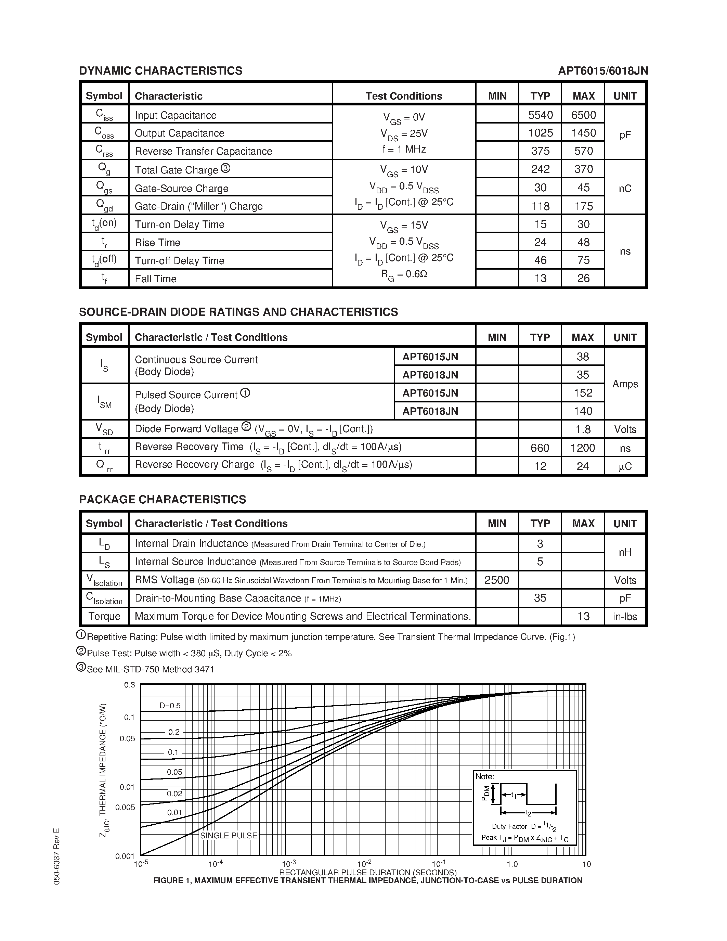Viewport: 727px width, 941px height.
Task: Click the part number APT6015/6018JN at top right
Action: [x=602, y=71]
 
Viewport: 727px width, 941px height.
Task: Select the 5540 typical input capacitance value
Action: [x=540, y=115]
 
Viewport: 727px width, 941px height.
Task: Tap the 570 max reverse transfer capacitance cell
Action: [x=583, y=151]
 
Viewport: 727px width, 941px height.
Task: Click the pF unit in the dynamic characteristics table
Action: [x=625, y=135]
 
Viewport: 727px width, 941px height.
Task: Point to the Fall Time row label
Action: [x=155, y=279]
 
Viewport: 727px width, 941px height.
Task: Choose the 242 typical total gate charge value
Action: [x=540, y=169]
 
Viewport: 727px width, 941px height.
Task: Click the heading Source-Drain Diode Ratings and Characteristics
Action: [x=238, y=312]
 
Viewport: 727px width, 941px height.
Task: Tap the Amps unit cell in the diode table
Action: [x=625, y=384]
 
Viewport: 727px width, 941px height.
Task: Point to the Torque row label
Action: [x=104, y=617]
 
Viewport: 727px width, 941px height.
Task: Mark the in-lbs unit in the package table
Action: [x=625, y=617]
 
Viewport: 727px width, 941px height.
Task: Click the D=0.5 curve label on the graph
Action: [x=170, y=706]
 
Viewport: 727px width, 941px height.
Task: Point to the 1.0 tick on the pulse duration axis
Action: [x=512, y=864]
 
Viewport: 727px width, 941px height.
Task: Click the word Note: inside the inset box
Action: [x=484, y=776]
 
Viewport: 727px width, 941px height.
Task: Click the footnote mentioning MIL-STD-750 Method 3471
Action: [x=150, y=669]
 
